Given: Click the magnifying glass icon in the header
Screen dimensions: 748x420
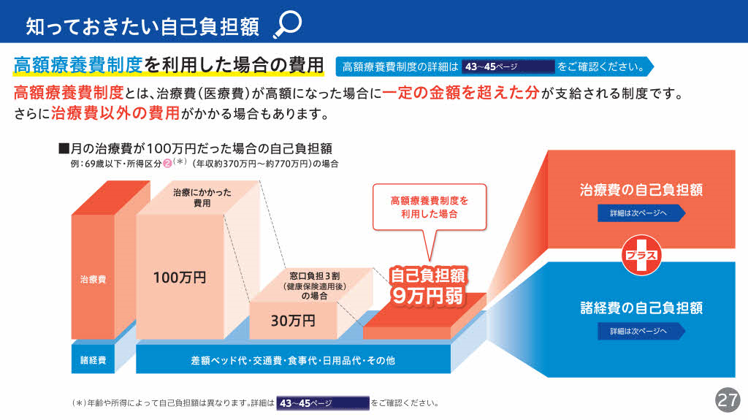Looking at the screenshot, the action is (x=288, y=24).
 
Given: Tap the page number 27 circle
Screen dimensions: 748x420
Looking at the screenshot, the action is (x=727, y=400).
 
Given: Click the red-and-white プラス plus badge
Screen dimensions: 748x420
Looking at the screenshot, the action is (x=641, y=255).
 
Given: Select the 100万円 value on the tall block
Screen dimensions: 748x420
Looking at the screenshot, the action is (x=180, y=278).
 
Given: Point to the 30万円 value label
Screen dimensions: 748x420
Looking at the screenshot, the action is (x=293, y=321).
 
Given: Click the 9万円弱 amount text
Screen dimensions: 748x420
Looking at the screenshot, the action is (x=427, y=296).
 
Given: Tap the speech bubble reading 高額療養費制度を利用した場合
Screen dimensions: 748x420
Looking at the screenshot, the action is (x=430, y=207).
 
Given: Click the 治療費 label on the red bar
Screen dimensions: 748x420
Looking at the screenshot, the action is (x=93, y=280).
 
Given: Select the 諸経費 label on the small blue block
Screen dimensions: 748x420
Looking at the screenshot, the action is (x=93, y=360).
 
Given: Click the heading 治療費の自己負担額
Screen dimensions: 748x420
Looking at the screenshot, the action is (x=641, y=190).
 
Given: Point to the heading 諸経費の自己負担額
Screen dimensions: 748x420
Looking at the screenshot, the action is (x=641, y=308).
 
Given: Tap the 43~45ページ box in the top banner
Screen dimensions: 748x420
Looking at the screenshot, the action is (x=508, y=66).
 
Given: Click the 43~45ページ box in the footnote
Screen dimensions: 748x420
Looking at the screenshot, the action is (x=323, y=403).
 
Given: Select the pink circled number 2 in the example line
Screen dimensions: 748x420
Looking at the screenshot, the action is (x=167, y=164).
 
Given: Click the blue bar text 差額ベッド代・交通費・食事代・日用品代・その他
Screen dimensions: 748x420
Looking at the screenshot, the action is (x=293, y=360).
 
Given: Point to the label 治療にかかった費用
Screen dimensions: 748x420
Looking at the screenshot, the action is (x=202, y=198).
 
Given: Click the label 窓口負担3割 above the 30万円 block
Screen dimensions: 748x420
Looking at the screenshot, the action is (x=315, y=276).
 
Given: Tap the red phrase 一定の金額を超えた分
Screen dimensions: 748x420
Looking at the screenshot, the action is (x=460, y=93).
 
